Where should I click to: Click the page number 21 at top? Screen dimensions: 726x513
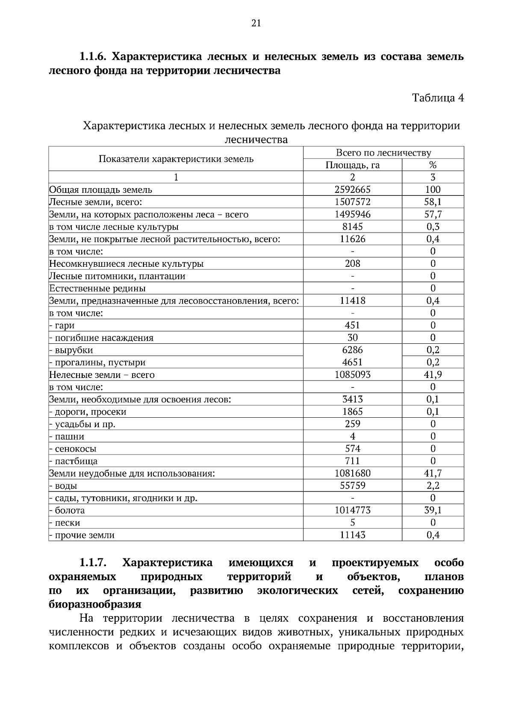256,24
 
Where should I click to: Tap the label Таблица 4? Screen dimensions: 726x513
438,98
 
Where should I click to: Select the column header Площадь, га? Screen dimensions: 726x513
352,165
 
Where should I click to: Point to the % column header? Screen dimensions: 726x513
433,165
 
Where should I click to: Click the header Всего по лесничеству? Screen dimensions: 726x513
383,153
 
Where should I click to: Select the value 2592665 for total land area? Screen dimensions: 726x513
352,190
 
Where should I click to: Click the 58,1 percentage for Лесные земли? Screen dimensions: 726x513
433,202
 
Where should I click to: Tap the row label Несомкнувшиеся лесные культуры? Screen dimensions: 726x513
126,264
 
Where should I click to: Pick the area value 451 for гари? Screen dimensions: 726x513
352,325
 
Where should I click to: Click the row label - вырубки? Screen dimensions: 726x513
71,350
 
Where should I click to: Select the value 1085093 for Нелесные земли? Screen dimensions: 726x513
352,375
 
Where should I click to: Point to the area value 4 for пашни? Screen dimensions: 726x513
352,437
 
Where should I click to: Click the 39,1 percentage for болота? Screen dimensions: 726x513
433,511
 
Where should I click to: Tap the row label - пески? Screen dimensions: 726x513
65,523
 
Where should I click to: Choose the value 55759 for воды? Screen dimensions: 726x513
352,486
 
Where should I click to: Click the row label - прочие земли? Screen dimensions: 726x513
82,535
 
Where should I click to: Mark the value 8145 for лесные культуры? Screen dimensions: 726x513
352,227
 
